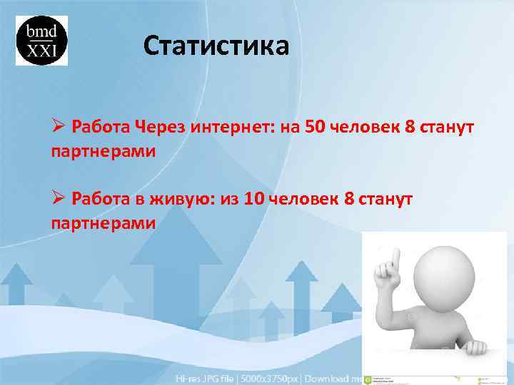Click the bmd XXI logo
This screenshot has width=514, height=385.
(41, 41)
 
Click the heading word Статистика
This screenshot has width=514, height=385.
(216, 46)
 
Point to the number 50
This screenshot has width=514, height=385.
(314, 128)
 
